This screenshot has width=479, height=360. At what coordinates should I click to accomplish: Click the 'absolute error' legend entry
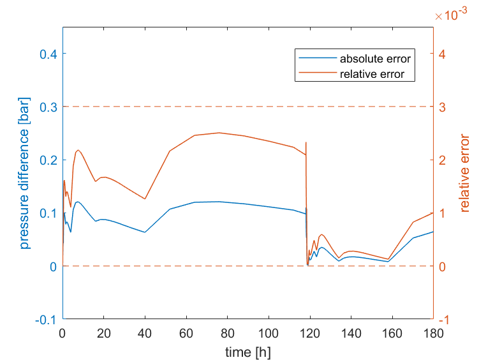[x=374, y=59]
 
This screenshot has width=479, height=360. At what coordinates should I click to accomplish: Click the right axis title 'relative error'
[x=464, y=172]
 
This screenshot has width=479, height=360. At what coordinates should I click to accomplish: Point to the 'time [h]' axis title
[x=247, y=351]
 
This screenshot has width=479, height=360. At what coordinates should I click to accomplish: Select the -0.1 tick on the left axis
[x=47, y=319]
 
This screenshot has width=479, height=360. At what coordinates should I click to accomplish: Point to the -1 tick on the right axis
[x=442, y=319]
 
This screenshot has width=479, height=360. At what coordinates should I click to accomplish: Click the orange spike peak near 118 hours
[x=306, y=142]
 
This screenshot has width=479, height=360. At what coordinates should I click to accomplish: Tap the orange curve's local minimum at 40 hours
[x=145, y=199]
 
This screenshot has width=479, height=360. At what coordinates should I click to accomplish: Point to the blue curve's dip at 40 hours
[x=145, y=232]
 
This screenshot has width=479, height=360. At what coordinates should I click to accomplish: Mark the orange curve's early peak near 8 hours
[x=78, y=150]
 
